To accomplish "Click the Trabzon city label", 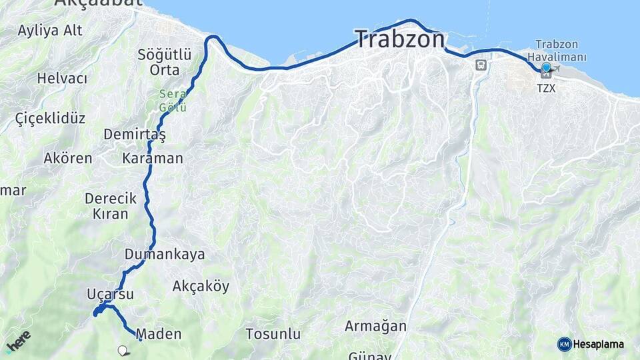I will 399,39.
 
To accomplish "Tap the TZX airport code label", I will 545,87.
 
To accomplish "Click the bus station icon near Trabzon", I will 480,65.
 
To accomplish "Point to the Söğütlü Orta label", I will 165,61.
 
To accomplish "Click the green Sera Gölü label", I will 173,101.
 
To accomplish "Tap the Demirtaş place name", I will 134,134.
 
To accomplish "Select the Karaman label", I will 152,159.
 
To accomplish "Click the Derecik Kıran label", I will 111,206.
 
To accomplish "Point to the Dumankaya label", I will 165,254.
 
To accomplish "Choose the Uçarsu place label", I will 110,294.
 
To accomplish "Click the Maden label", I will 159,334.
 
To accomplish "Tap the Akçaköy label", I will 201,287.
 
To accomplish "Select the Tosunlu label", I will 273,333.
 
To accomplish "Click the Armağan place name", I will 375,326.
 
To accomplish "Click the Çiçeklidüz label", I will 50,119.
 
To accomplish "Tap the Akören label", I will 67,159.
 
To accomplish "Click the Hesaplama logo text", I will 599,344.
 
